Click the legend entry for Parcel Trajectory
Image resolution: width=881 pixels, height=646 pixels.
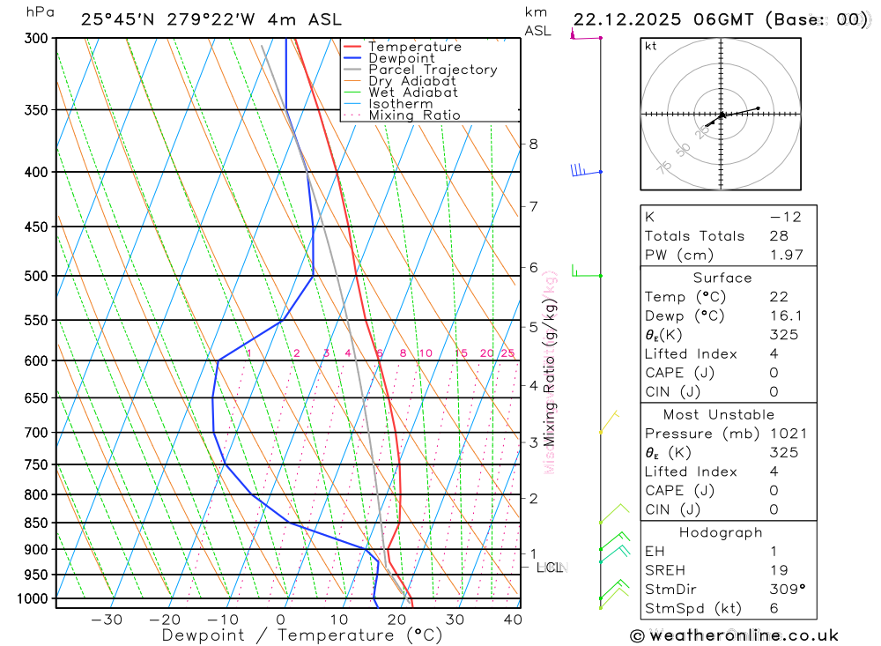point(433,70)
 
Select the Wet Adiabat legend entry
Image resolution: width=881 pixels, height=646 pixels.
point(412,93)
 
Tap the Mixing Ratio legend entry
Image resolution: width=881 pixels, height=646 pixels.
point(414,115)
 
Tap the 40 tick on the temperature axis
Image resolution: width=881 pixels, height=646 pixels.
point(512,620)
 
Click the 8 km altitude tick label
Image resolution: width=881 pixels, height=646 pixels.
point(533,144)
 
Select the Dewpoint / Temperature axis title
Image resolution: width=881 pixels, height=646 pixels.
point(302,635)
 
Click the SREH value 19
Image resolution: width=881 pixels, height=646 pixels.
point(779,570)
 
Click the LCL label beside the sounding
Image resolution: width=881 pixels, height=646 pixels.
point(550,568)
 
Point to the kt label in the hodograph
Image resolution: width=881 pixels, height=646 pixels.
point(651,46)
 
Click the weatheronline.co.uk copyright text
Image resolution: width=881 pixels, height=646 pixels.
point(734,635)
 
